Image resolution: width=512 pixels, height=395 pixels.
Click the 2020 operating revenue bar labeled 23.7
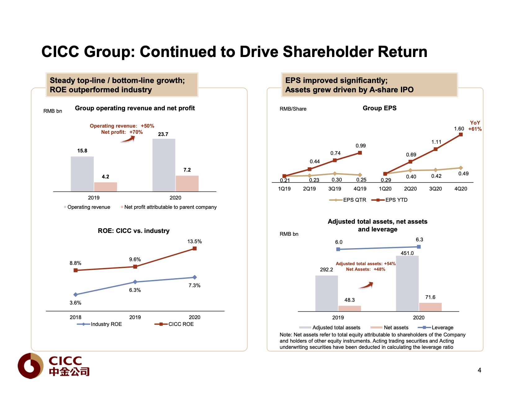click(164, 165)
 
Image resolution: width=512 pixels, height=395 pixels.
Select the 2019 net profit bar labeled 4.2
click(106, 187)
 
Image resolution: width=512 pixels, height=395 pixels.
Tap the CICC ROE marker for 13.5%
click(195, 248)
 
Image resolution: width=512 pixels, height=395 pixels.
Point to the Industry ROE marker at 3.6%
click(75, 295)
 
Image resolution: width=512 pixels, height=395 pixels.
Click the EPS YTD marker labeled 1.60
click(461, 134)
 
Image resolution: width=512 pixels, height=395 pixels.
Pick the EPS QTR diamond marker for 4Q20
click(461, 168)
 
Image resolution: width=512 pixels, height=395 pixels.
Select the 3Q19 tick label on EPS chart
click(335, 189)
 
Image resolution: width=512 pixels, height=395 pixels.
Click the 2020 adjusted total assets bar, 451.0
click(407, 283)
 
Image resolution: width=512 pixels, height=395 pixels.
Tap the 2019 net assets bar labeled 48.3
click(349, 308)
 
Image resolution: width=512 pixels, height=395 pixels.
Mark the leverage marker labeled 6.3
click(419, 247)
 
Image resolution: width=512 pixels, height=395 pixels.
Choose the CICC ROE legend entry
click(174, 324)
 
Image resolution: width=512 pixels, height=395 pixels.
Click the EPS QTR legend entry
click(348, 200)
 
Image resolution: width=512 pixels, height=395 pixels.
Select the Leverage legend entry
click(436, 327)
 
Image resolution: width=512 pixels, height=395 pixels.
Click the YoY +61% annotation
click(475, 126)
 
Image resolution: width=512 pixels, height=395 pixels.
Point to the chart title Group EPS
click(380, 108)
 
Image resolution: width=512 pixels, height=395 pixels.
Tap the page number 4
click(479, 370)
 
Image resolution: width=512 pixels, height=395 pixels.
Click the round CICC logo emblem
click(30, 366)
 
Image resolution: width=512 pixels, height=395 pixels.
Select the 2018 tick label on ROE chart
click(75, 317)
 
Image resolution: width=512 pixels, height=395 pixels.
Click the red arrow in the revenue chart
click(128, 140)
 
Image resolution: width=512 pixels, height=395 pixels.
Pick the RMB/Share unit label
click(293, 109)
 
